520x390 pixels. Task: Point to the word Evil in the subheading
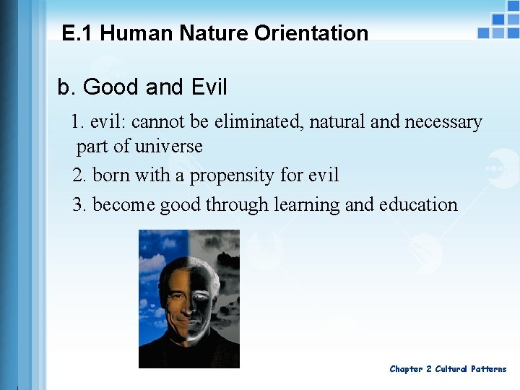[x=209, y=87]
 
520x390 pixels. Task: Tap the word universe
[x=169, y=146]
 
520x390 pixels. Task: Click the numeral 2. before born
[x=79, y=175]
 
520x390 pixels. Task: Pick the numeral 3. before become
[x=79, y=205]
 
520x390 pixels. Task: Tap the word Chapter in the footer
[x=406, y=369]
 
